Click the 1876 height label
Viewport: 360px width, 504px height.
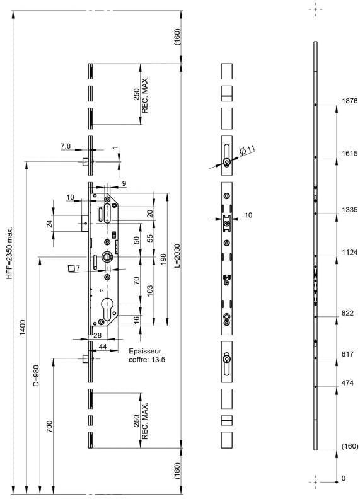pyautogui.click(x=349, y=101)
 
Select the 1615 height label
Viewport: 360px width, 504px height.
pyautogui.click(x=349, y=153)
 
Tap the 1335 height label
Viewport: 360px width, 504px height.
pyautogui.click(x=349, y=210)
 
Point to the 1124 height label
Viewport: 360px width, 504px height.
pyautogui.click(x=349, y=253)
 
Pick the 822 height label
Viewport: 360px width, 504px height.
pyautogui.click(x=347, y=313)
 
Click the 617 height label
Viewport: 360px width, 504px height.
pyautogui.click(x=347, y=354)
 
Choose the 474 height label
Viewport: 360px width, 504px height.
pyautogui.click(x=347, y=383)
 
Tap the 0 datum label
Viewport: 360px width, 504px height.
pyautogui.click(x=343, y=478)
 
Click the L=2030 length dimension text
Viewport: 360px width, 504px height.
pyautogui.click(x=177, y=256)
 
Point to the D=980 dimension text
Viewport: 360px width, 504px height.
pyautogui.click(x=36, y=375)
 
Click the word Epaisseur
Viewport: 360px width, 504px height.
pyautogui.click(x=145, y=351)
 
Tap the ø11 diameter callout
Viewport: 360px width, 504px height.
pyautogui.click(x=247, y=149)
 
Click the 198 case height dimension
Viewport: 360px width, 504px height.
pyautogui.click(x=163, y=260)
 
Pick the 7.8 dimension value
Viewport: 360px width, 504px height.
pyautogui.click(x=66, y=146)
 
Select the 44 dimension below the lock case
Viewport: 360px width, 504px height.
pyautogui.click(x=103, y=346)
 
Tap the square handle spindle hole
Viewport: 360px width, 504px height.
pyautogui.click(x=107, y=256)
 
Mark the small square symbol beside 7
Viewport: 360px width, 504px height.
pyautogui.click(x=71, y=268)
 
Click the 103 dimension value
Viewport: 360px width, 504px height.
pyautogui.click(x=149, y=291)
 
